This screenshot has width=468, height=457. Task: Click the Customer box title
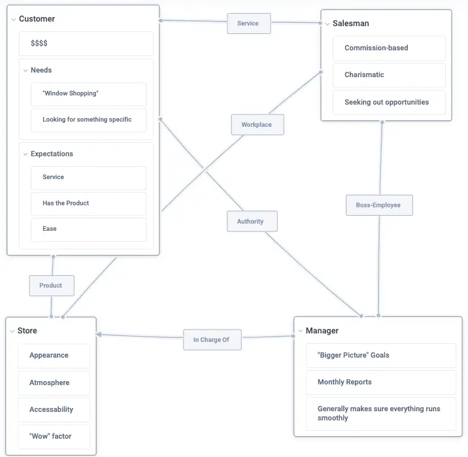tap(37, 19)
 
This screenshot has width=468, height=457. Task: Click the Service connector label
tap(248, 24)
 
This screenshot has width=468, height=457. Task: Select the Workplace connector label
tap(257, 125)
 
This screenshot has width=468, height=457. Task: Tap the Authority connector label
tap(250, 222)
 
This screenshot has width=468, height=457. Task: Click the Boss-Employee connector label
tap(378, 205)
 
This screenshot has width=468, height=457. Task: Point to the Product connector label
tap(51, 286)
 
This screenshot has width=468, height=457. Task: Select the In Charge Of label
tap(211, 340)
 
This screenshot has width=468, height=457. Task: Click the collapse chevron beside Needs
tap(25, 71)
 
